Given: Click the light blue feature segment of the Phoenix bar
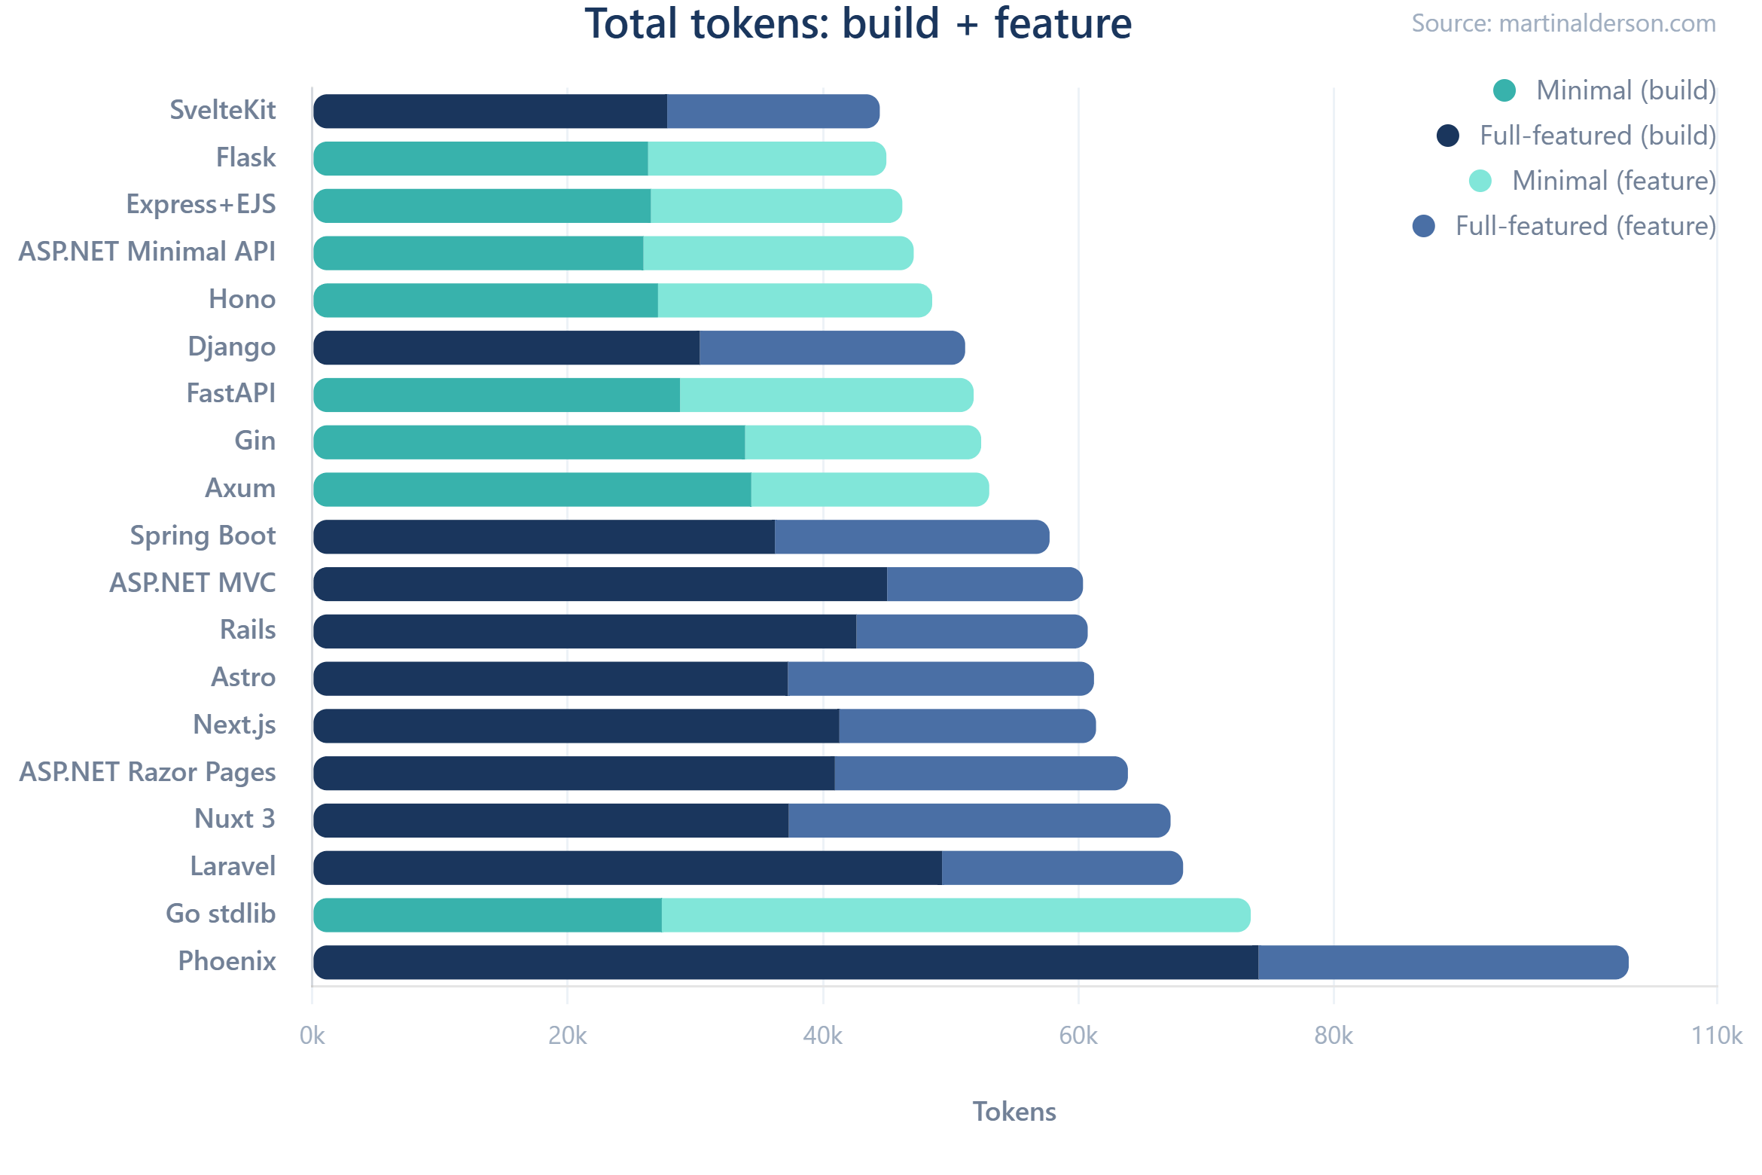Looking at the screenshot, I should (1442, 963).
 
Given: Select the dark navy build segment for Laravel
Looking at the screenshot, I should (626, 868).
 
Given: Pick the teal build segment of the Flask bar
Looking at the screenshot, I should (480, 158).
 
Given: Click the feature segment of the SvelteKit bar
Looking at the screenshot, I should (773, 111).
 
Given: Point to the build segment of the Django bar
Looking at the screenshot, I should (506, 348).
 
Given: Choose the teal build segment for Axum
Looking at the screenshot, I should (532, 490).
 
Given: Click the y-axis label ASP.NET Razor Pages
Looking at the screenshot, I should (148, 772).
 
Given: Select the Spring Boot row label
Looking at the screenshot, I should (203, 536).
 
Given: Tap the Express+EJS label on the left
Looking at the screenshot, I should (200, 204).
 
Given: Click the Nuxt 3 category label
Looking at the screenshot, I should (235, 819).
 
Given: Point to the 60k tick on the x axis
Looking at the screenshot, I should (1078, 1036).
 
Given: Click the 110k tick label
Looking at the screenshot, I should (1716, 1036).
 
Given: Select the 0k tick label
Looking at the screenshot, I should (312, 1036).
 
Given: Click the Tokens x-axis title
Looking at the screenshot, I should (1014, 1112).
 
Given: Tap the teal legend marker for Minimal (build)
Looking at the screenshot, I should (1504, 90).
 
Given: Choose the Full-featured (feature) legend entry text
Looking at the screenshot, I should (1584, 226).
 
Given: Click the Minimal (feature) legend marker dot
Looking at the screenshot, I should (1480, 181).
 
